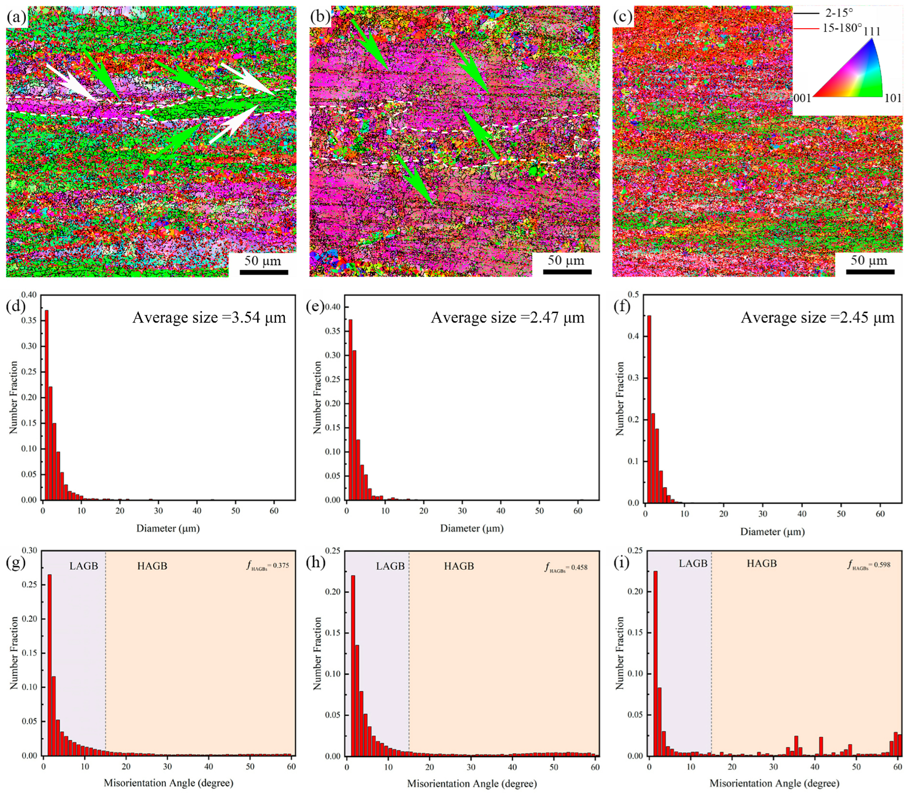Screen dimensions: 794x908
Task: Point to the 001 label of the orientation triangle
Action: coord(801,98)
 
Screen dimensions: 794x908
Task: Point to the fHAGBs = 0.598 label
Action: coord(868,564)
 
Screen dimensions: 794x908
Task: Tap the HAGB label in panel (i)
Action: coord(762,564)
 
